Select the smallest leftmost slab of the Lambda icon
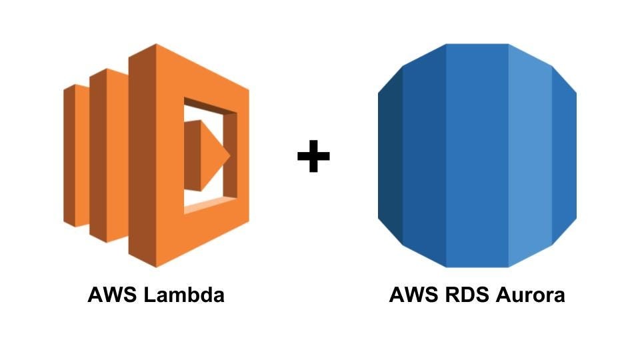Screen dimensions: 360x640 pyautogui.click(x=81, y=155)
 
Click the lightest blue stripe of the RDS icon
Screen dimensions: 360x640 pyautogui.click(x=530, y=155)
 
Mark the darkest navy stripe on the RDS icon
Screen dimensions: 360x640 pyautogui.click(x=390, y=155)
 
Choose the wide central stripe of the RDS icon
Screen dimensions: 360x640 pyautogui.click(x=477, y=155)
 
